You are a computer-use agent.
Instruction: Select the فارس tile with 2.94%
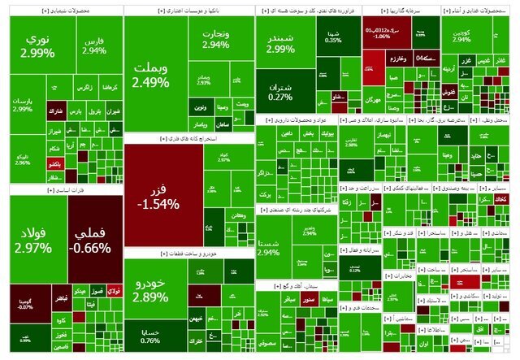point(94,45)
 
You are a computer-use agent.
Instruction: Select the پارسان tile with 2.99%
point(22,105)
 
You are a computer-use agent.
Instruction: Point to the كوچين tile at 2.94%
point(461,37)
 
